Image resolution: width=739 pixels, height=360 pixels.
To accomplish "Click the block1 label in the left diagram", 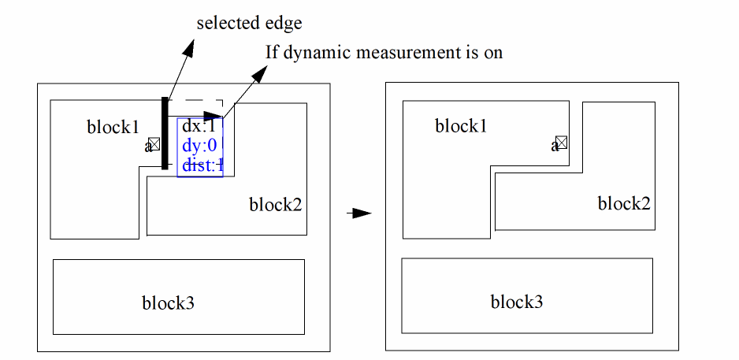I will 113,127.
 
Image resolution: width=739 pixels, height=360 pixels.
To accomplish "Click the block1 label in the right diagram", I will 461,126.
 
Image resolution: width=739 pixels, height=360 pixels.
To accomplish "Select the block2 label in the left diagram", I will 276,206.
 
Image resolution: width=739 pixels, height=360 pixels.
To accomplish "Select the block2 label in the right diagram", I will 624,204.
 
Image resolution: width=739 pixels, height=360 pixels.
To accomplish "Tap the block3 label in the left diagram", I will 168,302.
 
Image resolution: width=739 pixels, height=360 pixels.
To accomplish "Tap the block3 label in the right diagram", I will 516,302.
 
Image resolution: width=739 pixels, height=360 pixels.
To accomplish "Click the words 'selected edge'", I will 249,24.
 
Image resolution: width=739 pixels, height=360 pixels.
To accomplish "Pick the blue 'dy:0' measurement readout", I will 199,146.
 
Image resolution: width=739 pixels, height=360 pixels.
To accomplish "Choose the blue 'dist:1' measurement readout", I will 202,165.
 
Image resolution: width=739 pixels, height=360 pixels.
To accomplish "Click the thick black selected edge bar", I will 165,133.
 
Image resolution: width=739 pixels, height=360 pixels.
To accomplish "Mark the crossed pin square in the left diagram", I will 154,143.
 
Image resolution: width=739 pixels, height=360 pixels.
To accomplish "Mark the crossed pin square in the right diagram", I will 562,143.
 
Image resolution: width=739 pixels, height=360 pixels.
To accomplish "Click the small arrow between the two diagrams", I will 360,213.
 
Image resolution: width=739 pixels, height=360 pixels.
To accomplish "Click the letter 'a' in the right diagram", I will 554,146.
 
